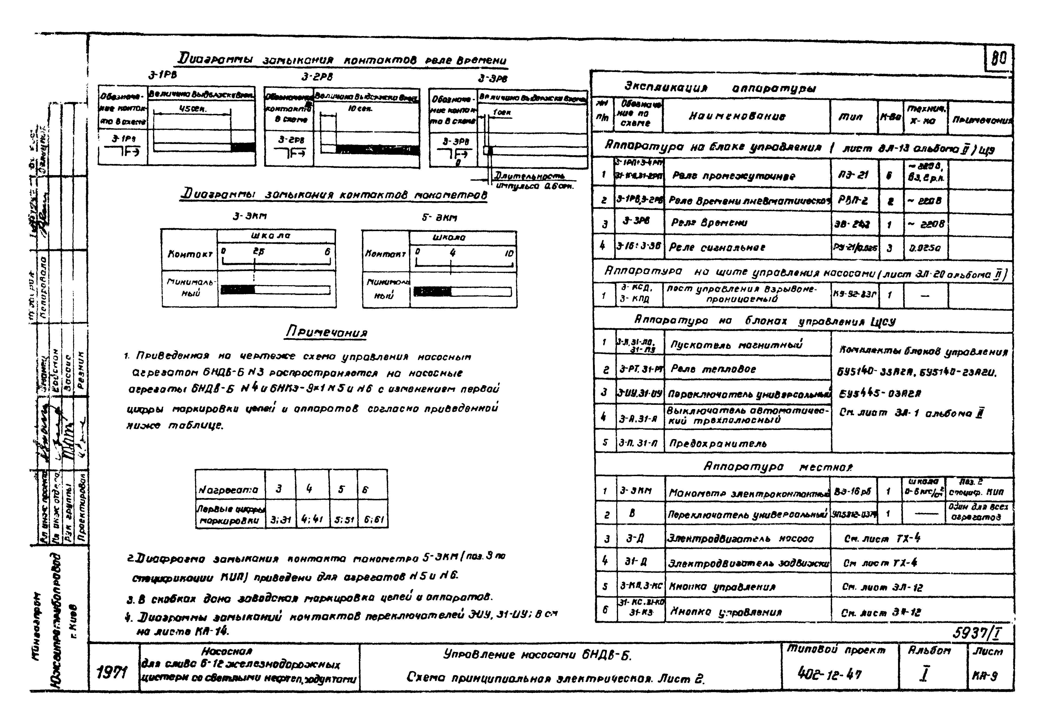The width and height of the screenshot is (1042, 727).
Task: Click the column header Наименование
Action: (746, 116)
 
